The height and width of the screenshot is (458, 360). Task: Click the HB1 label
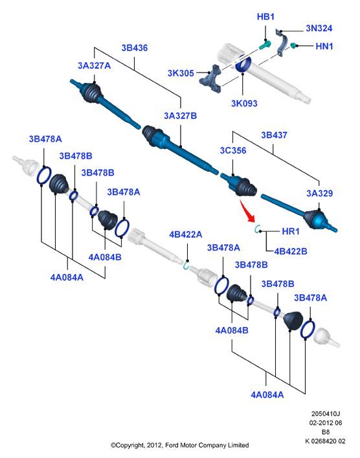click(x=265, y=17)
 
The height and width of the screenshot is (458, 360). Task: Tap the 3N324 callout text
click(x=319, y=29)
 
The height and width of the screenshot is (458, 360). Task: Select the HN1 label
click(x=324, y=46)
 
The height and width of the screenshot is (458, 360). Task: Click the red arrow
click(x=247, y=211)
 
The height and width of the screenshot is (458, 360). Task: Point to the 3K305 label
click(x=181, y=73)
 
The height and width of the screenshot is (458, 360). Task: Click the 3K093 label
click(x=244, y=104)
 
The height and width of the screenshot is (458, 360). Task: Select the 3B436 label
click(x=134, y=48)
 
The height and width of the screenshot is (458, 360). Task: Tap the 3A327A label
click(x=95, y=65)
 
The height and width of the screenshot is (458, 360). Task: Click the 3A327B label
click(x=180, y=116)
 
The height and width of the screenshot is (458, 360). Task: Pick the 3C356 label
click(x=233, y=150)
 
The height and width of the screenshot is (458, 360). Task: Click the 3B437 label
click(x=274, y=135)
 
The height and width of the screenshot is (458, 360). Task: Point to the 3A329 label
click(x=319, y=193)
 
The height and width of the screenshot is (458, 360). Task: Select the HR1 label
click(x=291, y=231)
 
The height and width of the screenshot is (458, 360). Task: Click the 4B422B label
click(x=291, y=251)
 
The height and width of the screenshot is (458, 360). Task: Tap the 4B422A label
click(x=186, y=235)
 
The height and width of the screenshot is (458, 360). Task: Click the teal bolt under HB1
click(x=265, y=45)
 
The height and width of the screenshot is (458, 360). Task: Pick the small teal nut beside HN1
click(x=293, y=45)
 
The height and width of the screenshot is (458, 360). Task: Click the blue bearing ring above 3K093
click(x=243, y=64)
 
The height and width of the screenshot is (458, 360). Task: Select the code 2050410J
click(x=326, y=414)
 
